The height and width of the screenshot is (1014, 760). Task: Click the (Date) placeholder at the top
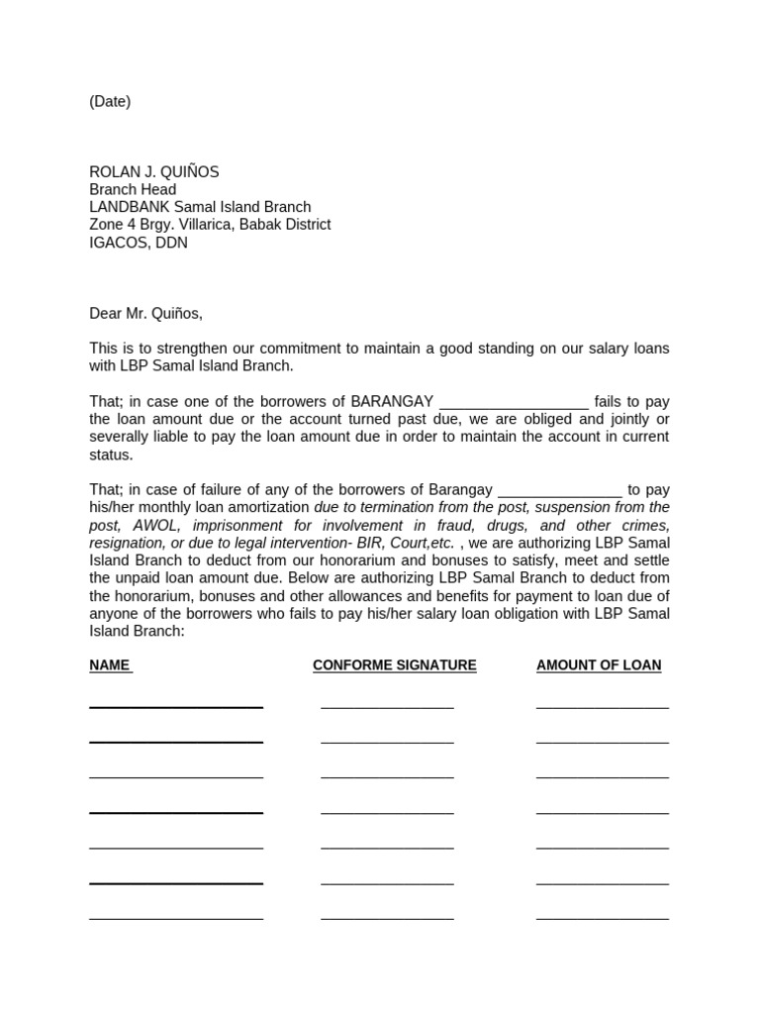110,101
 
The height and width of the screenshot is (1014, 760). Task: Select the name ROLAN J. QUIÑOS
154,172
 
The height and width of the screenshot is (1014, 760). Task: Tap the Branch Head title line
133,190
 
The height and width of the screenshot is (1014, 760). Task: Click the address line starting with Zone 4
210,225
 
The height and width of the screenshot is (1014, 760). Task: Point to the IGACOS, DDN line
138,243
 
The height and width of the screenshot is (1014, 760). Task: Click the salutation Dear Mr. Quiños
145,314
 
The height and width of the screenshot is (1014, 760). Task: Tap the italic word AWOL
161,526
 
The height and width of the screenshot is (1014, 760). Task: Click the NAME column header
110,665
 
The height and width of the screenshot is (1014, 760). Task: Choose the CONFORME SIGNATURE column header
394,665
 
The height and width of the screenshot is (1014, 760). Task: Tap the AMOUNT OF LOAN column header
599,665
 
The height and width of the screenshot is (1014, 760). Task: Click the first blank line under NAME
176,706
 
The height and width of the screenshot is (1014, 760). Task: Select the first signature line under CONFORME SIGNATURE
387,706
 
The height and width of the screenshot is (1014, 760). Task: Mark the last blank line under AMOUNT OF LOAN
602,918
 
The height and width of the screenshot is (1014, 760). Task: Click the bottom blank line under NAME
176,918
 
